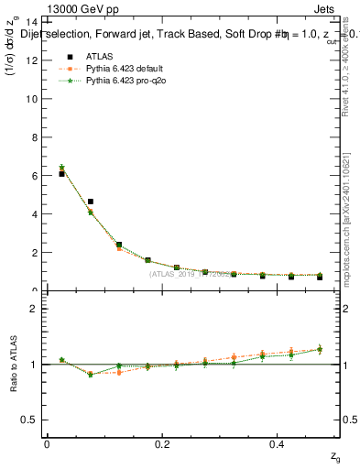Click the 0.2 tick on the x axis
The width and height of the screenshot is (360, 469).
point(162,443)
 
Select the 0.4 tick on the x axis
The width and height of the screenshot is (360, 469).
point(278,443)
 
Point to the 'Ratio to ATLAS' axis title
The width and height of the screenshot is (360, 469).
point(12,365)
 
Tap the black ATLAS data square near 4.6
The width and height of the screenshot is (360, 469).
point(90,202)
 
